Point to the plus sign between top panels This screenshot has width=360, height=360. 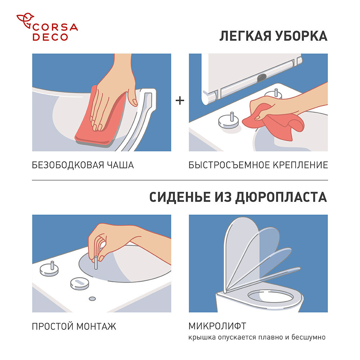tap(180, 101)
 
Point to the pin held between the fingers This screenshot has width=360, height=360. tap(96, 259)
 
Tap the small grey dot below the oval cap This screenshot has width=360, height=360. tap(92, 298)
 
